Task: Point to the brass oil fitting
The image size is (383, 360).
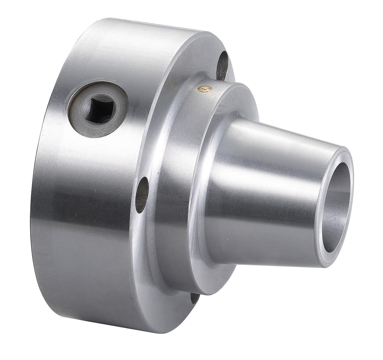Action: pyautogui.click(x=207, y=91)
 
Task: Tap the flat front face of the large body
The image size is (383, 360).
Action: pyautogui.click(x=164, y=252)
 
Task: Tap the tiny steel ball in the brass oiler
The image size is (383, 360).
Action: pyautogui.click(x=207, y=90)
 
